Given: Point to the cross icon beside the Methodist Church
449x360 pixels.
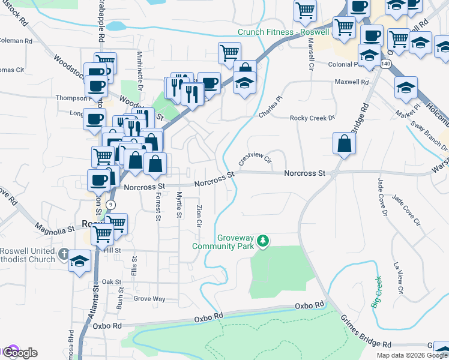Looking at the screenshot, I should (x=65, y=254).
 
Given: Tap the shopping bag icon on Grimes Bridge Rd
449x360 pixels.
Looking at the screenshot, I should (x=345, y=144).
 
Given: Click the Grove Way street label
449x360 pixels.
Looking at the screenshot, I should (x=149, y=298).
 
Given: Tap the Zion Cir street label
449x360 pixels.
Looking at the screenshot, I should (x=199, y=216).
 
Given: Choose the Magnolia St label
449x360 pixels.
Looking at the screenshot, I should (x=54, y=228).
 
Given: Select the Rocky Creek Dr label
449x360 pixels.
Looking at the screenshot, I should (x=312, y=118).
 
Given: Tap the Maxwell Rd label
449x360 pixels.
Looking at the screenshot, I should (x=351, y=81).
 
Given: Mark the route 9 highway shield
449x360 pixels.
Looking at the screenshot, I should (x=110, y=205).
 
